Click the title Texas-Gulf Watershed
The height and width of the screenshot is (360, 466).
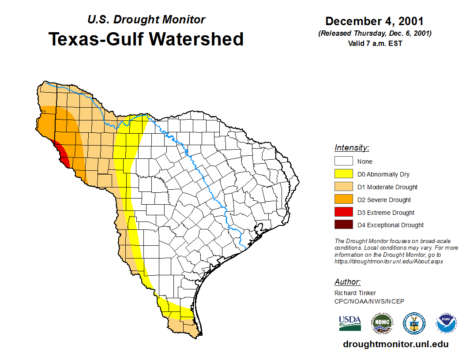point(146,39)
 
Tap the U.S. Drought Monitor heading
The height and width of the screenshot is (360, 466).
point(146,19)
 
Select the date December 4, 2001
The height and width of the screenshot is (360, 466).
point(375,21)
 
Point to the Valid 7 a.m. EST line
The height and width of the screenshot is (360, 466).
point(375,43)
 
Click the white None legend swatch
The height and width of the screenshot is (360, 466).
point(343,161)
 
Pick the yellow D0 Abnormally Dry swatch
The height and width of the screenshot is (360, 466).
point(343,174)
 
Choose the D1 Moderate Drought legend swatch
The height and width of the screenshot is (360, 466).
point(343,187)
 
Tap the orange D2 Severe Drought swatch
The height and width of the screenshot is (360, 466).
point(343,200)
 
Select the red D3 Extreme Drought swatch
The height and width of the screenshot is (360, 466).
point(343,212)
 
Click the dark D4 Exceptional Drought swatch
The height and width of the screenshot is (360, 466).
point(343,225)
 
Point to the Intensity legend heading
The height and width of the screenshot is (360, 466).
point(352,148)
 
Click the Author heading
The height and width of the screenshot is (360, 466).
point(347,282)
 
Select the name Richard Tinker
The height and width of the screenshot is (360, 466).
point(355,293)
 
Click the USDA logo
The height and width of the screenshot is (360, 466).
point(350,323)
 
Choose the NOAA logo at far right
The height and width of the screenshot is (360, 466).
point(446,323)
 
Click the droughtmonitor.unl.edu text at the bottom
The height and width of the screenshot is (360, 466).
point(395,345)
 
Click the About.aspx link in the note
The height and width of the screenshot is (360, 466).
point(389,261)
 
